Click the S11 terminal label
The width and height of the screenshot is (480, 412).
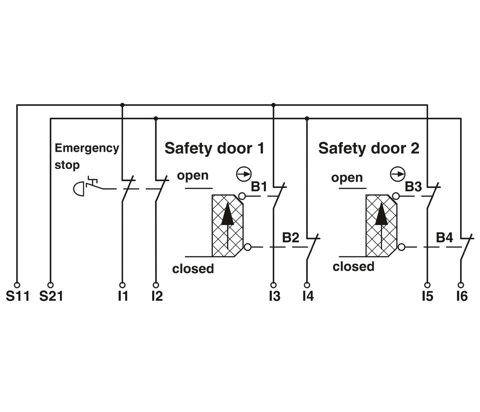(18, 296)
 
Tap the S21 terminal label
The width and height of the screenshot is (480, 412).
(51, 296)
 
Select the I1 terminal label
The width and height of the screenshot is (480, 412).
(123, 296)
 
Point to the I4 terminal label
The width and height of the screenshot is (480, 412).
(308, 296)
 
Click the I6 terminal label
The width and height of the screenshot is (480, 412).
(462, 296)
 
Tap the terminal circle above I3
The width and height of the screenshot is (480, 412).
(273, 285)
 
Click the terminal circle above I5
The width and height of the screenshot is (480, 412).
(427, 285)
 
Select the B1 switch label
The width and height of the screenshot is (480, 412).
(259, 187)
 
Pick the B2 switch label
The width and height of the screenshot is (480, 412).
(291, 237)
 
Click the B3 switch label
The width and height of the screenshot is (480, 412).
(413, 187)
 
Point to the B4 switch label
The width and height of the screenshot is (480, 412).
(444, 237)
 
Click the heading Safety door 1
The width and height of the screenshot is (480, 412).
(214, 148)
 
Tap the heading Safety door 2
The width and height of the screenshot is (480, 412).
(369, 148)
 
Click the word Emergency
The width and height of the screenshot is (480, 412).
(87, 148)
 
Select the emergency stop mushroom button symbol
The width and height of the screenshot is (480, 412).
(78, 189)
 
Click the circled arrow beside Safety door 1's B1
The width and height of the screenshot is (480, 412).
(244, 174)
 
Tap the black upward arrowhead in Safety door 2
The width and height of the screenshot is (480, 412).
(381, 214)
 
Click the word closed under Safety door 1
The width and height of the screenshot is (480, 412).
(193, 268)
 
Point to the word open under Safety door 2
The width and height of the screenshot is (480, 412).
(347, 178)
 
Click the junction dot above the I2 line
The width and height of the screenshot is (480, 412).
(156, 119)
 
